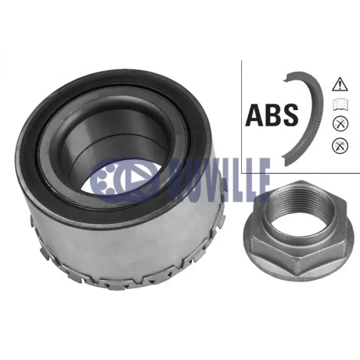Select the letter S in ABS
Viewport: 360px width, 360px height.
point(290,115)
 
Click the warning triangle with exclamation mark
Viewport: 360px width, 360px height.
point(340,84)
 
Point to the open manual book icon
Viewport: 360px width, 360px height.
point(340,105)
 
